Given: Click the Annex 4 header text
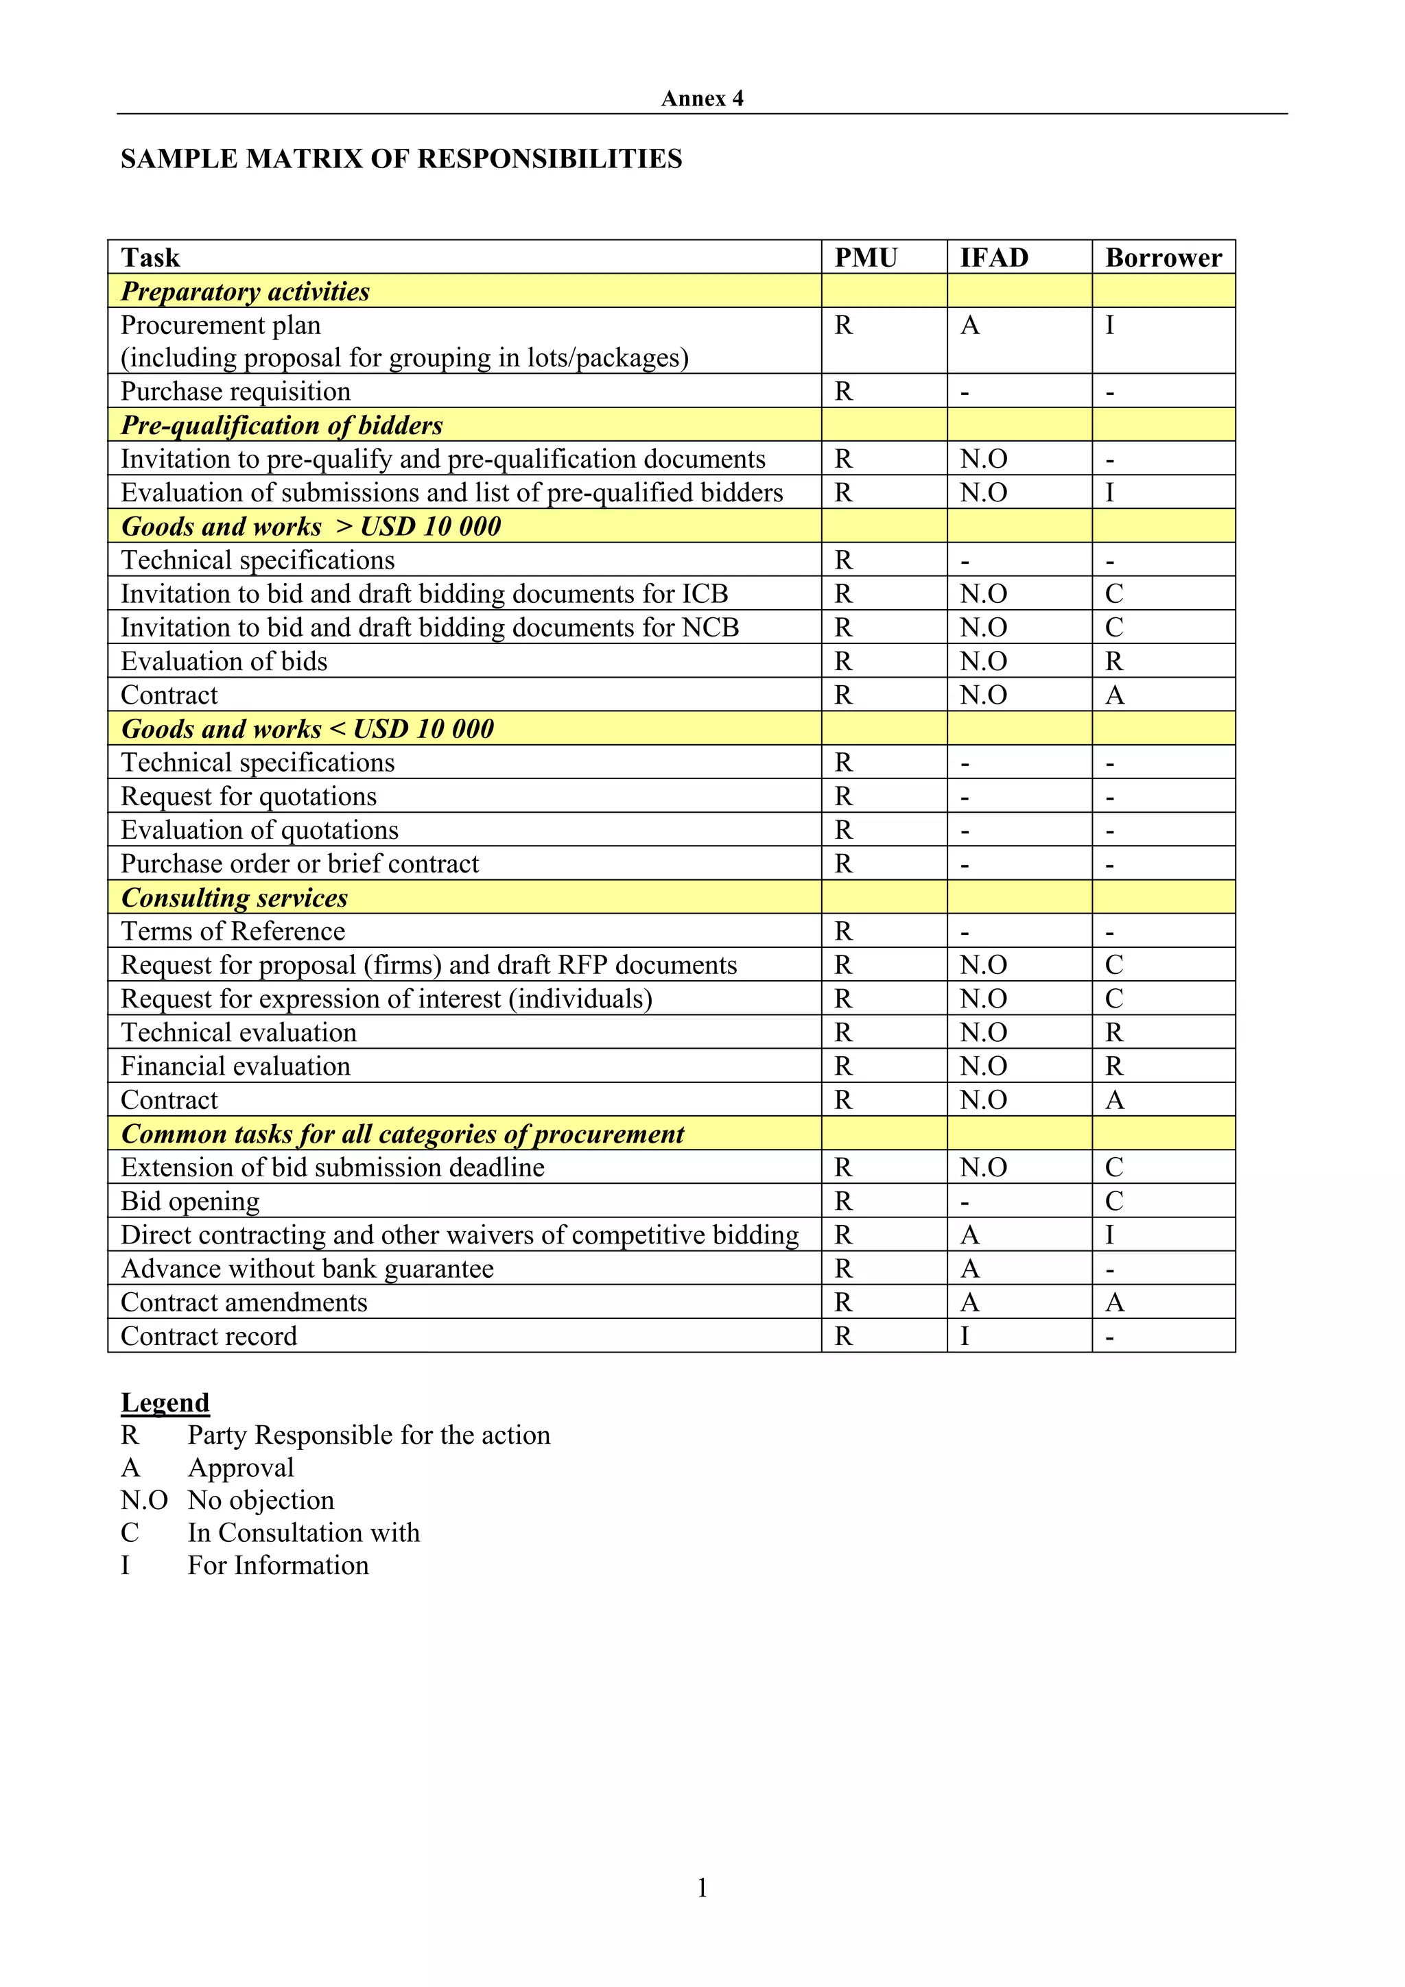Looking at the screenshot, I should (701, 99).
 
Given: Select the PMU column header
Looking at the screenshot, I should (866, 258).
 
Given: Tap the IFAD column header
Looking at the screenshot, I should (994, 258).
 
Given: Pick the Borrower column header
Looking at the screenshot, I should (1163, 258).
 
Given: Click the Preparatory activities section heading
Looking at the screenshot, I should (245, 291).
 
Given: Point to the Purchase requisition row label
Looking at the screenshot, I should (235, 392).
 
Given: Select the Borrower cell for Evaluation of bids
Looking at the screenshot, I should (1113, 662).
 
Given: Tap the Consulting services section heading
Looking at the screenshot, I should (234, 899).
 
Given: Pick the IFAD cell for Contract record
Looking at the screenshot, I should (965, 1337).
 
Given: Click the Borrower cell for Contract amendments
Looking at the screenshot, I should (1114, 1303).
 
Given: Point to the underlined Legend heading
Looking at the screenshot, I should (165, 1403).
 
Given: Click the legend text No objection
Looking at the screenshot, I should (261, 1501).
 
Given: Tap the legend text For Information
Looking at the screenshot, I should (278, 1566).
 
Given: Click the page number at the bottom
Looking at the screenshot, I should (702, 1888).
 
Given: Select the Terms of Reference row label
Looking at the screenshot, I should (232, 932).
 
